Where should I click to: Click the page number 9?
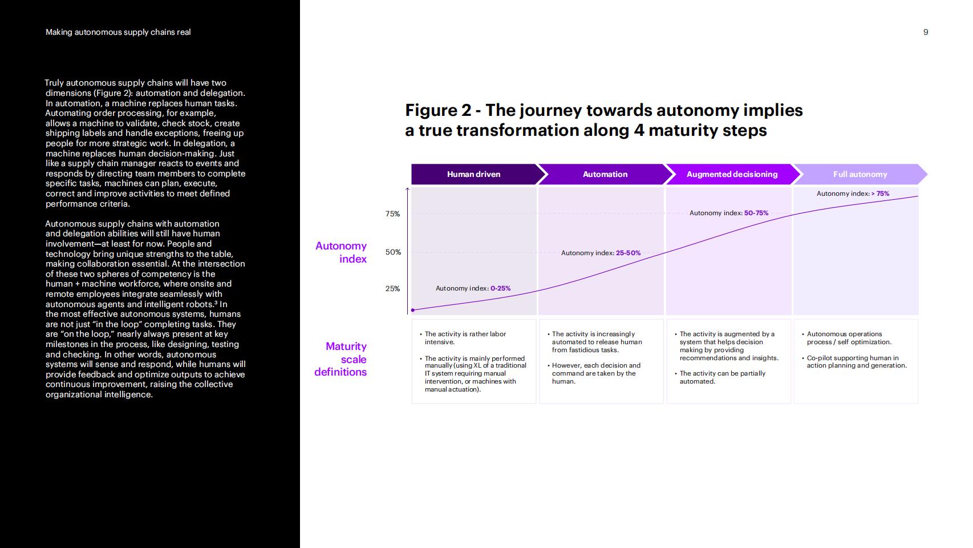[x=926, y=32]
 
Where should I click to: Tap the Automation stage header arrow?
[x=606, y=175]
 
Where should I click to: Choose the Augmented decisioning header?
[x=733, y=175]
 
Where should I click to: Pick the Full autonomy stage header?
[x=860, y=175]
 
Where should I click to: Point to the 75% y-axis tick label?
[x=392, y=214]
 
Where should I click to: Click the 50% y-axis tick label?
[x=393, y=252]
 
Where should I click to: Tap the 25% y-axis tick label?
[x=392, y=289]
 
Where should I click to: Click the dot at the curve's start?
[x=413, y=310]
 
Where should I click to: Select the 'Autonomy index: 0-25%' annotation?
[x=473, y=288]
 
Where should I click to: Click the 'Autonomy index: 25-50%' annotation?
[x=601, y=253]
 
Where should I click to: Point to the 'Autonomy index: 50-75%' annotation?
[x=729, y=213]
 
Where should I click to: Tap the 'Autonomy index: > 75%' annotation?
[x=853, y=194]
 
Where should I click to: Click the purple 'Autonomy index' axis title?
[x=342, y=252]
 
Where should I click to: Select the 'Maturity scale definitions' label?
[x=341, y=359]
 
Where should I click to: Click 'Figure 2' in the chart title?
[x=438, y=110]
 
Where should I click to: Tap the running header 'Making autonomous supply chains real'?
[x=118, y=32]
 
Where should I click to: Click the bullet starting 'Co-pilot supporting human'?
[x=854, y=362]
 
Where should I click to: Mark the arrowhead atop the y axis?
[x=407, y=189]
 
